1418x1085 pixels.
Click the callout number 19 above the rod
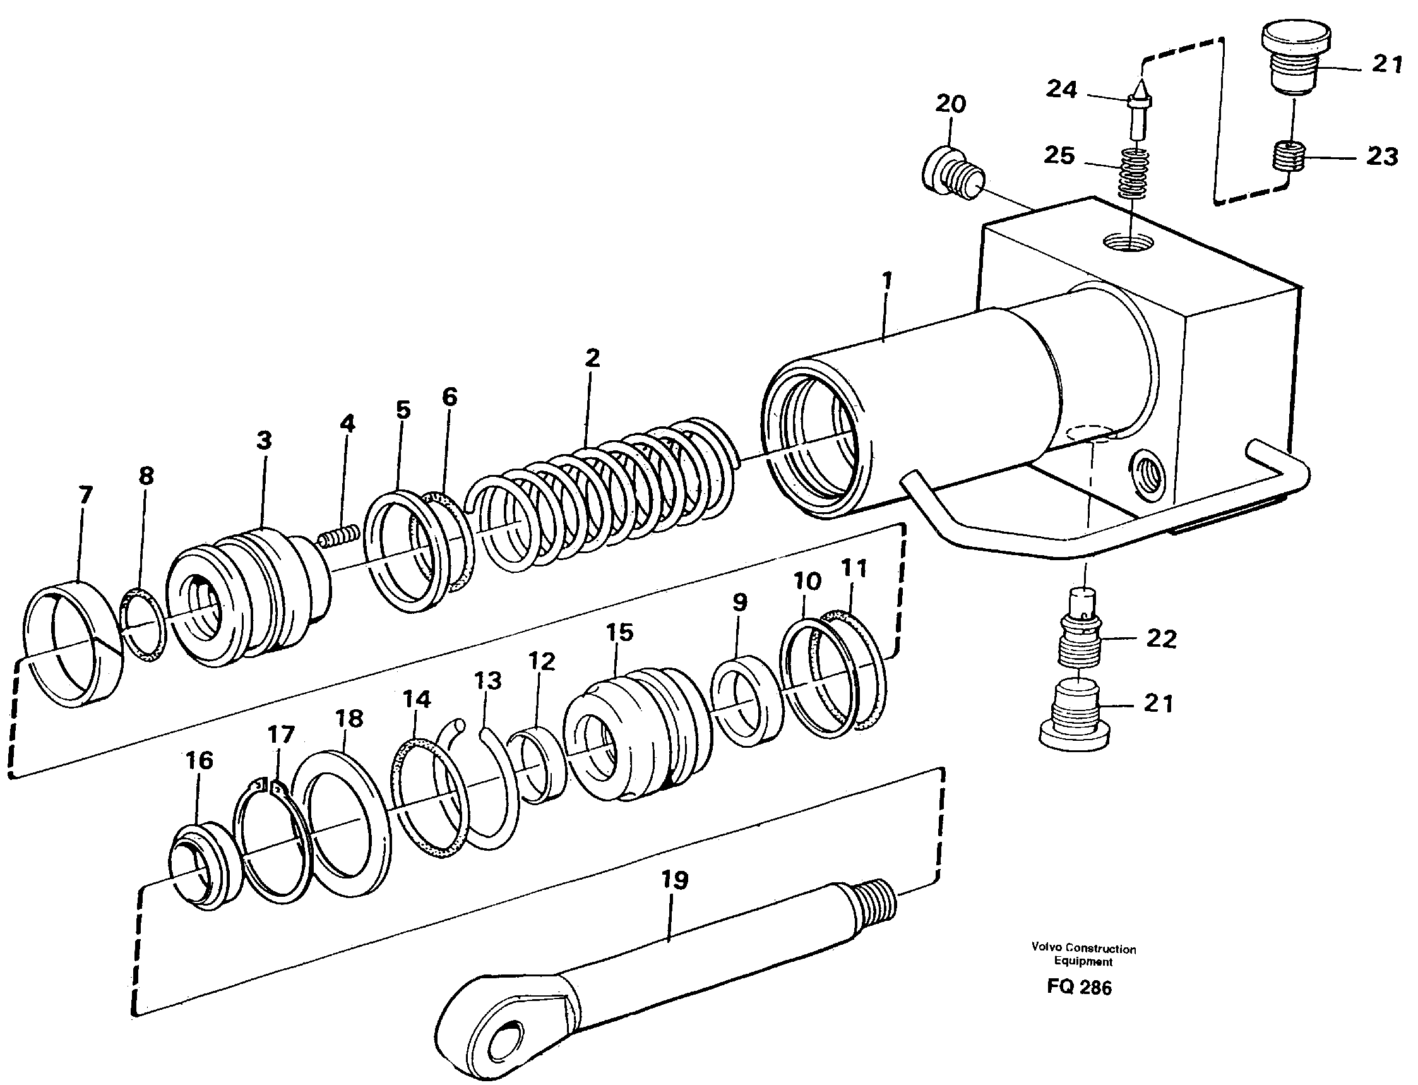coord(674,880)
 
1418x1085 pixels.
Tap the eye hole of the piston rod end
coord(506,1040)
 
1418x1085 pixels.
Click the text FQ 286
coord(1079,987)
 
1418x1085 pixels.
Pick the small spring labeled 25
coord(1134,173)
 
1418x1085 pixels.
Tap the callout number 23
coord(1382,156)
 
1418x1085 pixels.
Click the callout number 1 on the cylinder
coord(887,281)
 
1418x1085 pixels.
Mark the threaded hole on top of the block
coord(1127,244)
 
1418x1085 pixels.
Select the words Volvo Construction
coord(1083,949)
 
